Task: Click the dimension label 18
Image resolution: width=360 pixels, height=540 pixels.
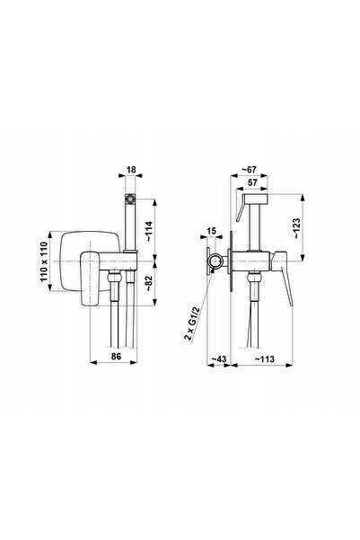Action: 131,170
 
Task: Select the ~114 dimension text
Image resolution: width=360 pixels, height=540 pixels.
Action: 149,232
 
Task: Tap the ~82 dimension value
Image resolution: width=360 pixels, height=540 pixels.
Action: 149,284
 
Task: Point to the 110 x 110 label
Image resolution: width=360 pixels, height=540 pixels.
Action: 44,261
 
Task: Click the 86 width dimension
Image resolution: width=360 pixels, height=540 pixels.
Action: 116,356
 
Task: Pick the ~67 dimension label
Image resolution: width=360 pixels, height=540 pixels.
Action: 249,170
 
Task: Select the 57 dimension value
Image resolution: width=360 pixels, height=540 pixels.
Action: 252,182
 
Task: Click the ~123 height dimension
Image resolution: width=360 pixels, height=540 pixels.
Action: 296,228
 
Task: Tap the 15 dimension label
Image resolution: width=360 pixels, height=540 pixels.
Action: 211,230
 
